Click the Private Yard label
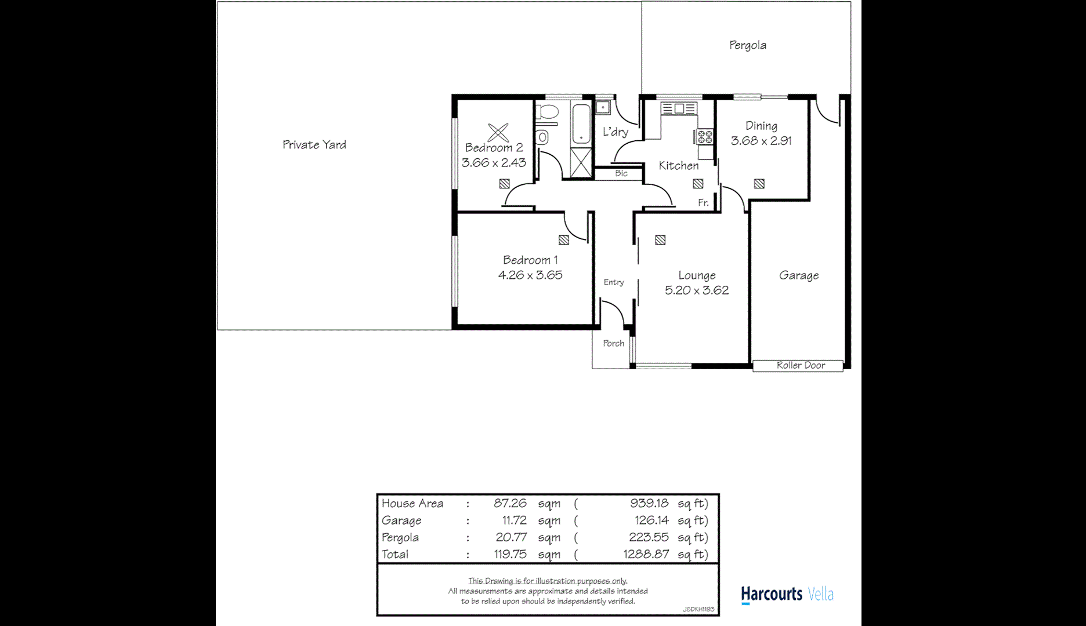click(x=314, y=145)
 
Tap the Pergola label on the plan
click(x=747, y=45)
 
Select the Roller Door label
click(x=800, y=365)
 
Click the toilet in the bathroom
click(x=547, y=112)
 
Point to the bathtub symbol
click(x=581, y=124)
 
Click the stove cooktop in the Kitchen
click(x=705, y=137)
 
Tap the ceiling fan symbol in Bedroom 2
click(x=498, y=132)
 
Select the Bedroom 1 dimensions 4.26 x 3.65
click(x=530, y=275)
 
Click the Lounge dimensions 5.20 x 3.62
click(x=696, y=290)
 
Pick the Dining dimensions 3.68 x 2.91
click(x=761, y=141)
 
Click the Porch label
click(x=613, y=343)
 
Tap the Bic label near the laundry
click(x=621, y=173)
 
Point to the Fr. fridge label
click(x=703, y=202)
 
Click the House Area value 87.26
click(x=510, y=503)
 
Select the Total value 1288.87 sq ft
click(x=646, y=554)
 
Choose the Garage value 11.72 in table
click(x=514, y=520)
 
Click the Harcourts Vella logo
click(x=786, y=595)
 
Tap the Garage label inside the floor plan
click(x=798, y=275)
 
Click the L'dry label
click(x=615, y=132)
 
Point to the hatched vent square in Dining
click(x=759, y=184)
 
